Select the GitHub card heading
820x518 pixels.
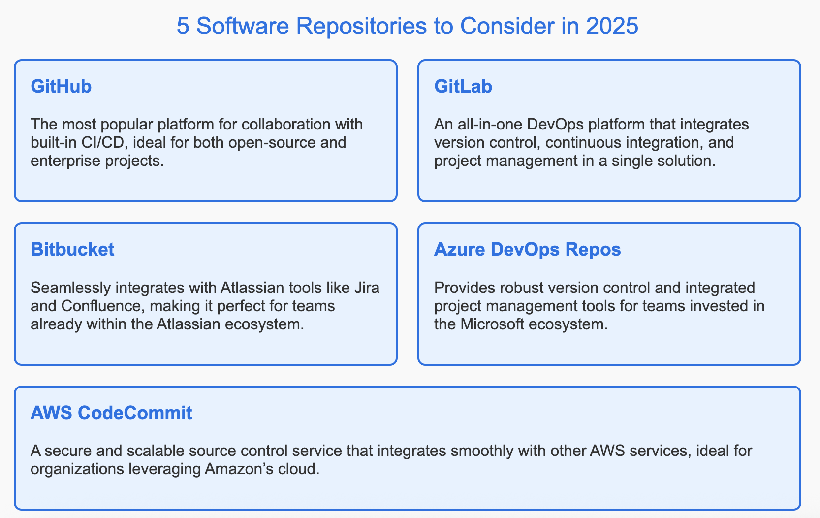click(x=61, y=87)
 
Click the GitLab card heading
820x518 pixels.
click(x=463, y=87)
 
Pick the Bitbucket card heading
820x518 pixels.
click(x=72, y=250)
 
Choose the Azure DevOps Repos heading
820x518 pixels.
click(x=527, y=250)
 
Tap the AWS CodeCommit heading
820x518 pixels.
click(x=111, y=413)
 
